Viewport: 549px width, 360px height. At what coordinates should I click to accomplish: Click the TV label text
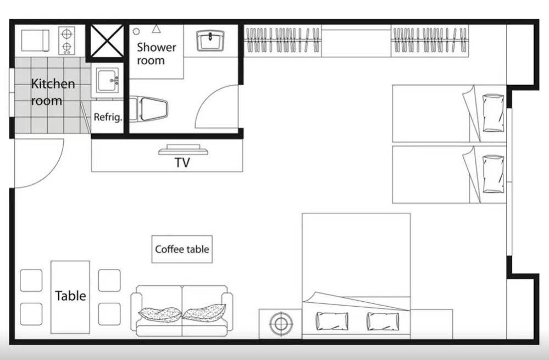pos(182,163)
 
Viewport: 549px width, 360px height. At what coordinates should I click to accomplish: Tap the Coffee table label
pos(182,250)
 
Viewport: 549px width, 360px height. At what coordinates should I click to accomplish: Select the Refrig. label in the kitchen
pos(108,117)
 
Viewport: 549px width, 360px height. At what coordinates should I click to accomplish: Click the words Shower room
pos(156,53)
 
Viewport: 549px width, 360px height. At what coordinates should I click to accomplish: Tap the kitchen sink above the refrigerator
pos(108,81)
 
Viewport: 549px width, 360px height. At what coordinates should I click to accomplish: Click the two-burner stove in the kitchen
pos(66,40)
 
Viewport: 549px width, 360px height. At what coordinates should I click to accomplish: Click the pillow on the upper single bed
pos(493,113)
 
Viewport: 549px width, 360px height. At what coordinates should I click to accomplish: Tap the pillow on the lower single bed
pos(493,174)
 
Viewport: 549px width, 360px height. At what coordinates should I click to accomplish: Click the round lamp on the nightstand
pos(281,323)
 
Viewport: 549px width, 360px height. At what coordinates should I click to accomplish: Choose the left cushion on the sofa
pos(160,314)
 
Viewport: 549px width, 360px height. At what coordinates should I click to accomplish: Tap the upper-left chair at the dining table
pos(31,280)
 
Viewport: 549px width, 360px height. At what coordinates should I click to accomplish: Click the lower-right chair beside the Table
pos(109,314)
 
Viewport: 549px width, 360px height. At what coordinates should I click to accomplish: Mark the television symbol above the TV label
pos(183,149)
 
